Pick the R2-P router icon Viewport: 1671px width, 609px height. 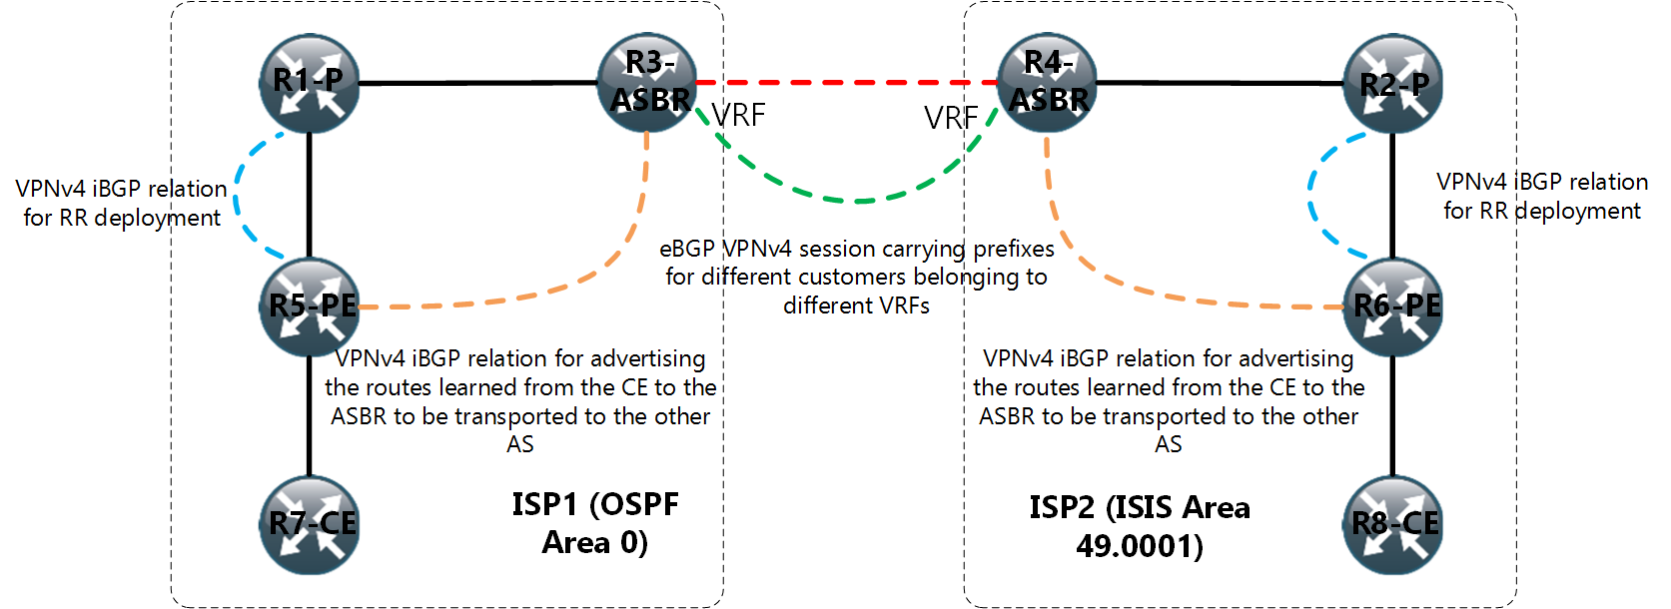[1393, 84]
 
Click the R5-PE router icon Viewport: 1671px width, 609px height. [310, 306]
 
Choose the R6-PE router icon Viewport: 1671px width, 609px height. [1394, 306]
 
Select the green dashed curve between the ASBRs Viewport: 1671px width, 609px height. [859, 201]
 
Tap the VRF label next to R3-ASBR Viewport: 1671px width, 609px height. [738, 116]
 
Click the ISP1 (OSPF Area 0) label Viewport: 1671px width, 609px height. [595, 523]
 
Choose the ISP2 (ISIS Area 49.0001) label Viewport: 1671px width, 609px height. [1140, 526]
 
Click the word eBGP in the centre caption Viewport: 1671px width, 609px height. [687, 249]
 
